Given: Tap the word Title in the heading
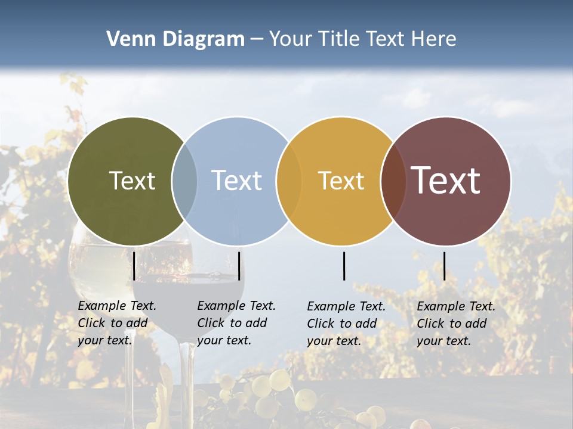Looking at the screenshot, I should click(x=339, y=39).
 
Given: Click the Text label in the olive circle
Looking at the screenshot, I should click(x=132, y=181).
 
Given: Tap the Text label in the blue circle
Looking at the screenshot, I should click(x=237, y=181).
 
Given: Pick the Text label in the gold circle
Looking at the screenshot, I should click(x=341, y=181).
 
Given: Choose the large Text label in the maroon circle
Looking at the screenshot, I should click(x=446, y=180).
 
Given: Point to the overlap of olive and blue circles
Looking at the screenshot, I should click(x=184, y=181).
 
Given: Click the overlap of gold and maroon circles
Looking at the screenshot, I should click(x=393, y=181).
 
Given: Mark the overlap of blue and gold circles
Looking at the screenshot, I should click(x=289, y=181).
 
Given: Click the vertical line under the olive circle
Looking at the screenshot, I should click(x=134, y=266).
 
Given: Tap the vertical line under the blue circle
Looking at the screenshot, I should click(x=239, y=266).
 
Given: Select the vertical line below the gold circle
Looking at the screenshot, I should click(x=344, y=266).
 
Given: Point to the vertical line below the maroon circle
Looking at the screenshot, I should click(x=444, y=266).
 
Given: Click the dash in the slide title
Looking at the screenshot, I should click(x=257, y=40).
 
